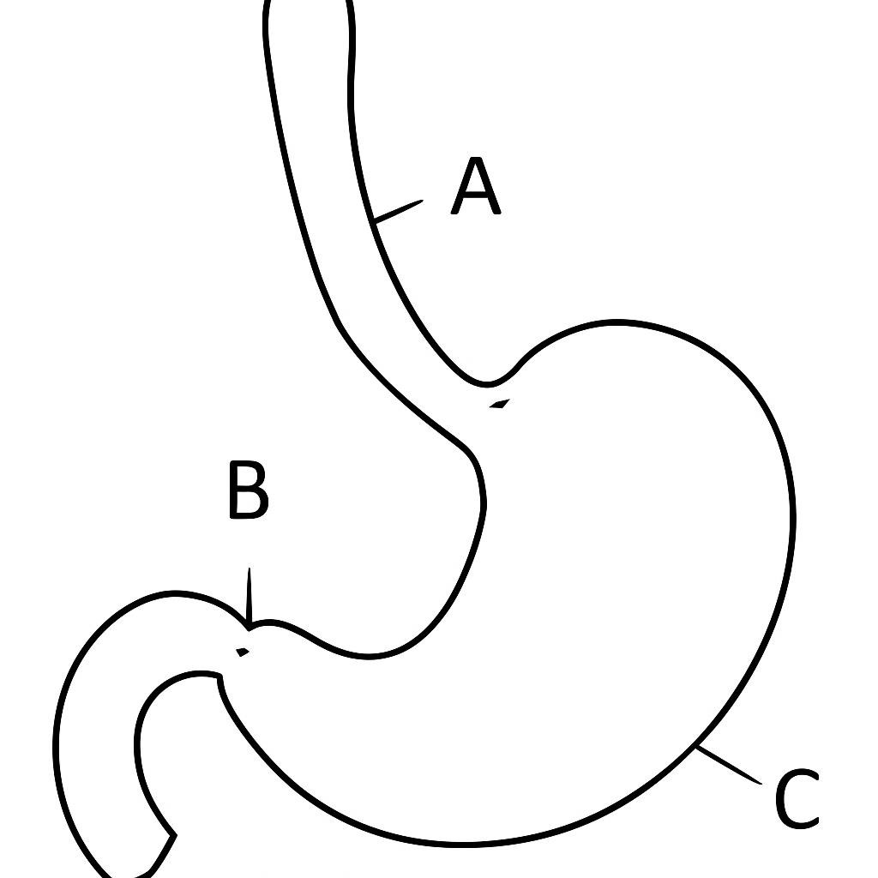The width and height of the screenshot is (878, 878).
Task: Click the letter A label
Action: point(475,186)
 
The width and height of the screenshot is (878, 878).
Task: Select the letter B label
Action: point(249,490)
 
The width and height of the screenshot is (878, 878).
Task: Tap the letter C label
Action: point(797,799)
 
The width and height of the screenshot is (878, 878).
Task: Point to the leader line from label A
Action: point(398,211)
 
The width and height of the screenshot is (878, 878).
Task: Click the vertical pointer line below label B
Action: point(249,596)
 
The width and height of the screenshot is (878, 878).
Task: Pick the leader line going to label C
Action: point(728,766)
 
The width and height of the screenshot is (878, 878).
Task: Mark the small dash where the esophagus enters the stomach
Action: point(500,403)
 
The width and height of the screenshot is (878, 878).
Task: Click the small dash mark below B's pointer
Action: point(242,652)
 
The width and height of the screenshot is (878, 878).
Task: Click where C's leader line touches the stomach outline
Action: point(696,747)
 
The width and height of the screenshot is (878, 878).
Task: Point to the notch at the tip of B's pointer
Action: point(249,628)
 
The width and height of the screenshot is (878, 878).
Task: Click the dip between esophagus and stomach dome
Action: point(486,384)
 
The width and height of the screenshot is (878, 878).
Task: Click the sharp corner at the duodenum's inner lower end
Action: point(175,835)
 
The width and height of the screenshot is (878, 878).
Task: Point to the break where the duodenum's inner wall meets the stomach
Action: point(219,677)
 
